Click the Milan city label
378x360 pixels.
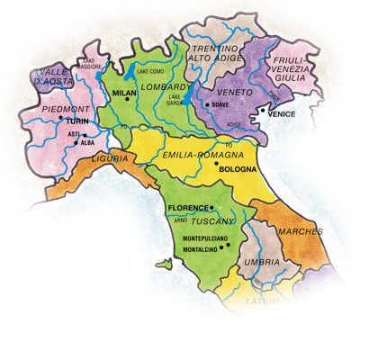pyautogui.click(x=122, y=92)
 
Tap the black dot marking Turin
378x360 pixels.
pyautogui.click(x=60, y=118)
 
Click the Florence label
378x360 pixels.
pyautogui.click(x=187, y=208)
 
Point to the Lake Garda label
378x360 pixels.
pyautogui.click(x=175, y=99)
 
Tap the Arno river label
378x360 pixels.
pyautogui.click(x=181, y=220)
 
